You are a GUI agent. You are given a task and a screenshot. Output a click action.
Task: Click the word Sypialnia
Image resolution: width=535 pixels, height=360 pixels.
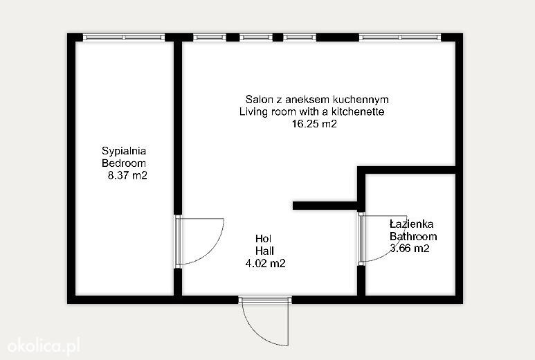124,151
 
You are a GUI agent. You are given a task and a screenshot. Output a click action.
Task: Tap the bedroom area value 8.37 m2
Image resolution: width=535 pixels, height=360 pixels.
127,175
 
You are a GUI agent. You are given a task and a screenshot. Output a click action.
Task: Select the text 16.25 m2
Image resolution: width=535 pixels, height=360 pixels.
314,123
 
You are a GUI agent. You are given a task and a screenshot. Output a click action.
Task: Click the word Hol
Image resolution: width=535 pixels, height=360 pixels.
264,239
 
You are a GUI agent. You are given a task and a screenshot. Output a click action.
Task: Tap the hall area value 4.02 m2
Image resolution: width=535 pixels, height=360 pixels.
266,263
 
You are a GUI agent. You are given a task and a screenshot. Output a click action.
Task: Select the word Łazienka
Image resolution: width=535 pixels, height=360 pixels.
412,224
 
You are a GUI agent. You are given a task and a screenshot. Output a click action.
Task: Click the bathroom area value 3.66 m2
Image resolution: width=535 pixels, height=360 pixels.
410,249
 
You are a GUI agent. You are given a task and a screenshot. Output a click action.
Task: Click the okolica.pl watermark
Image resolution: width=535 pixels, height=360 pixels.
44,345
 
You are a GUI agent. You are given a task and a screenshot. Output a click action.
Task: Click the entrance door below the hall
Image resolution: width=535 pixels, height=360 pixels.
265,321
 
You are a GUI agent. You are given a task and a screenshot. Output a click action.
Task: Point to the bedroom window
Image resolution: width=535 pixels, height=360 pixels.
124,37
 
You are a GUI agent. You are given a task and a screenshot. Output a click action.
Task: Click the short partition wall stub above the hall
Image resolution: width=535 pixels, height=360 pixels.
325,206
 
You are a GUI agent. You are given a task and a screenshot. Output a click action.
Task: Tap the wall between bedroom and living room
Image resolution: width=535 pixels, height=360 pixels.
178,127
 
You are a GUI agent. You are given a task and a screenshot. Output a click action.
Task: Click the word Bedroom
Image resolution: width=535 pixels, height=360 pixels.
124,163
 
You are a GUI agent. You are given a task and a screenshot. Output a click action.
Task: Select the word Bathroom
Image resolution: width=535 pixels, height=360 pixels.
413,236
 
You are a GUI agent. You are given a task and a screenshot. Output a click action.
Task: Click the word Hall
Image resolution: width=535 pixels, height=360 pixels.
265,251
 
